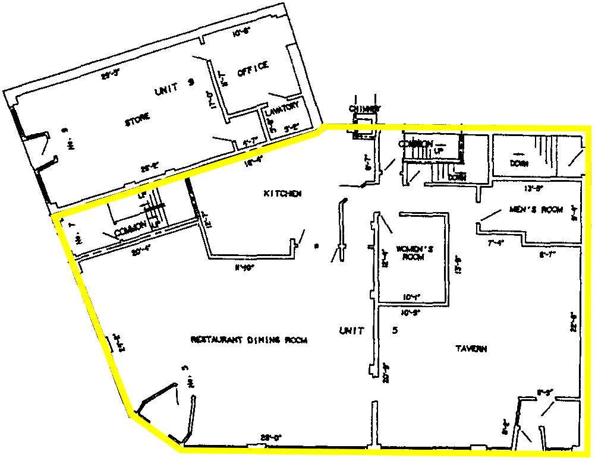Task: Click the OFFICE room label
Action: pos(253,69)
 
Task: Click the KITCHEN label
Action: pos(283,194)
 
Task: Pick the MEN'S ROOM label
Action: pos(536,209)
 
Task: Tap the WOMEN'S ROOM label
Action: pos(414,253)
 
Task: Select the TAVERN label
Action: pos(471,349)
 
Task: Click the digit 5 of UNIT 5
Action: pos(395,330)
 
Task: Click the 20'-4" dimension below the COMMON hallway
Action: pos(140,251)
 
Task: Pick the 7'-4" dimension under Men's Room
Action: pos(496,243)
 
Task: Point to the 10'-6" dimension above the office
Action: pos(240,34)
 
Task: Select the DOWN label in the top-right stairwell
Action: pos(519,163)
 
